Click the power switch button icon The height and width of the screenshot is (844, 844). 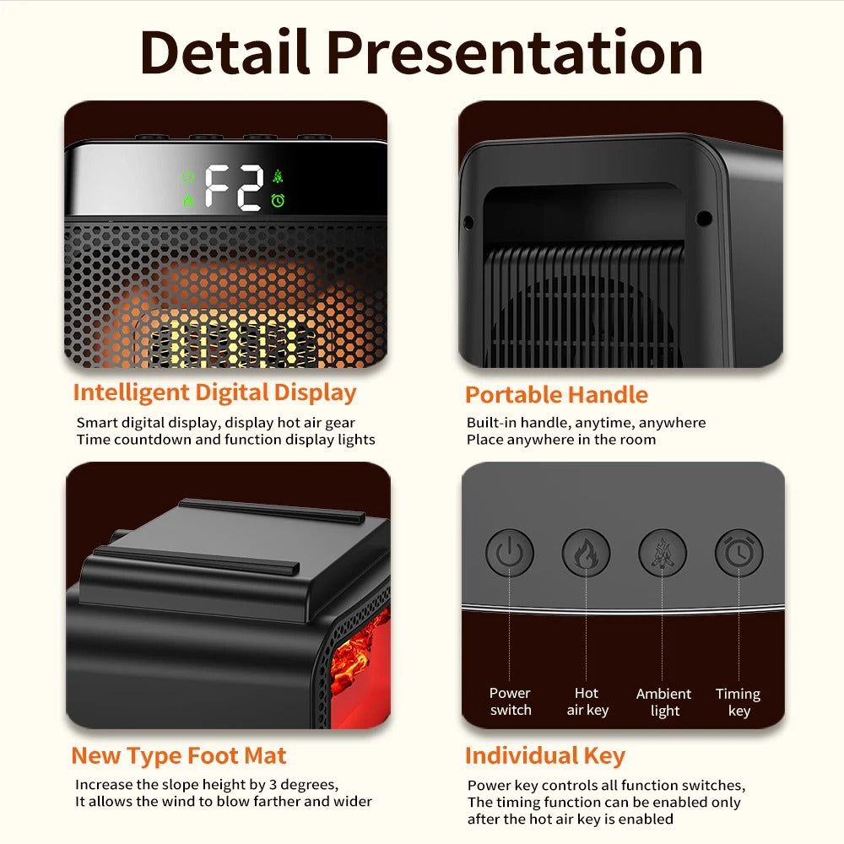(510, 554)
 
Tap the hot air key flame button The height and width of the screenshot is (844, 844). (587, 554)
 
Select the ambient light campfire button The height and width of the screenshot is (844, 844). (663, 554)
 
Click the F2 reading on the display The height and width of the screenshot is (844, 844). (234, 187)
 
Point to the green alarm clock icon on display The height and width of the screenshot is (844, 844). (278, 201)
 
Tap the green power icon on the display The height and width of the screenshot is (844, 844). (188, 177)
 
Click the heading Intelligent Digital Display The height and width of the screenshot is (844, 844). (214, 392)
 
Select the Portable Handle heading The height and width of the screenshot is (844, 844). (556, 395)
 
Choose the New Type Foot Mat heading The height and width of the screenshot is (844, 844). (179, 755)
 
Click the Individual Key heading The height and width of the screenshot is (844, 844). (544, 755)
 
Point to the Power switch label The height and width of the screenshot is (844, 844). (511, 701)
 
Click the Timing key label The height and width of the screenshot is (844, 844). (738, 702)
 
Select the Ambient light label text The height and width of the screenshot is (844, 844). (664, 702)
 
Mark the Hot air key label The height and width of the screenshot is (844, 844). (587, 701)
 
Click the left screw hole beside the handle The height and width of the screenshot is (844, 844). (468, 222)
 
